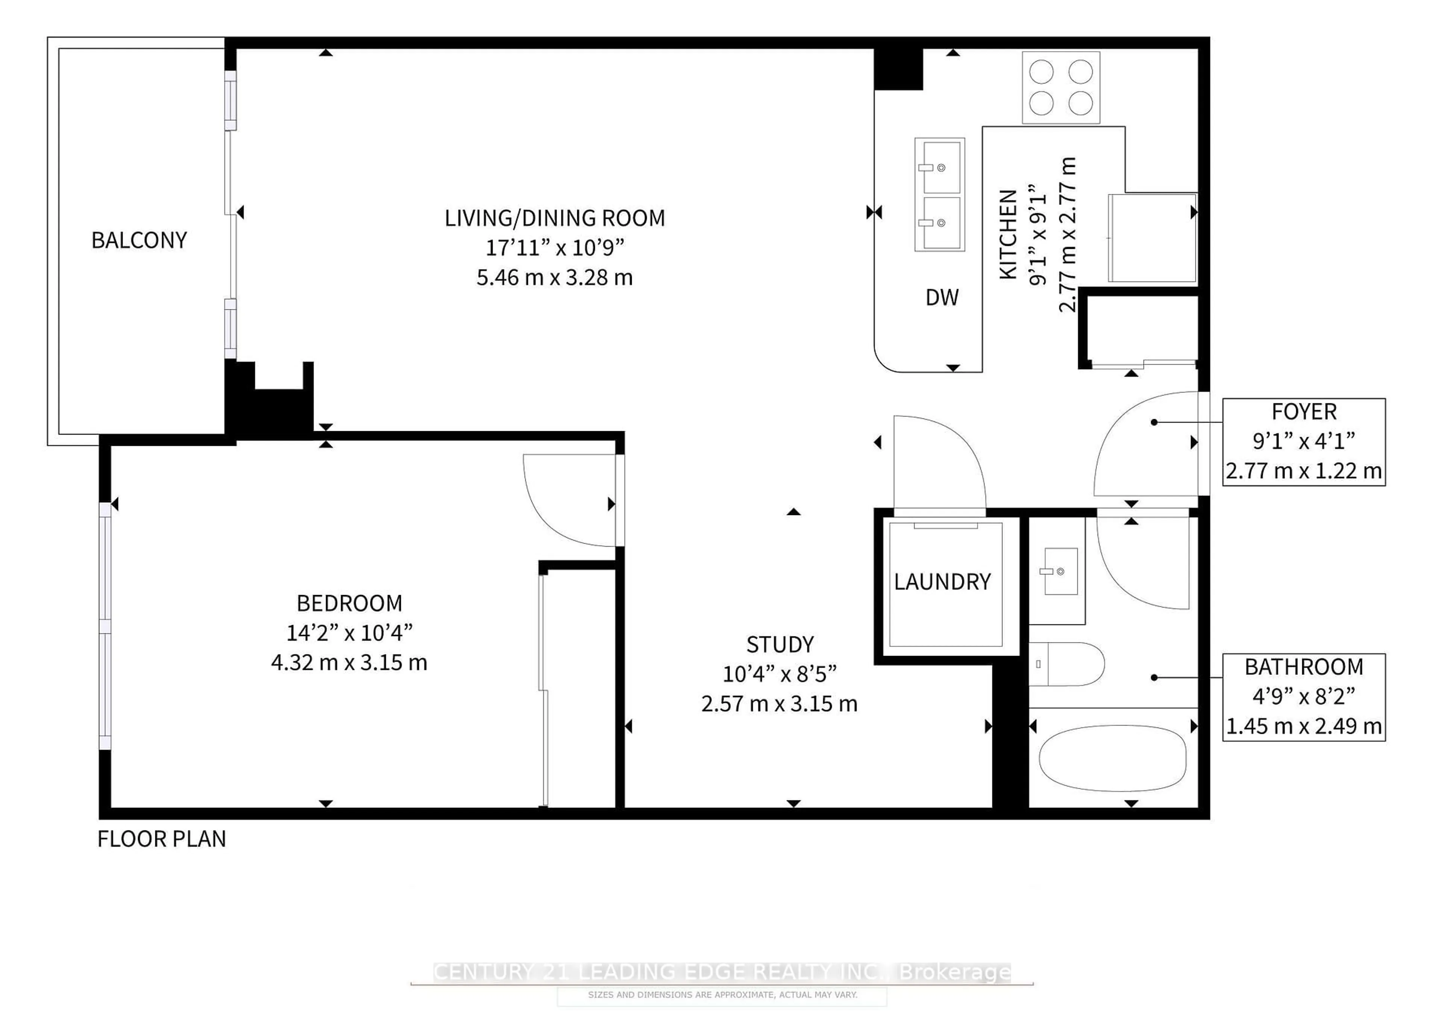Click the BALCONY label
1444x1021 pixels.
(139, 240)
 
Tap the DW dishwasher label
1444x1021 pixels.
(942, 297)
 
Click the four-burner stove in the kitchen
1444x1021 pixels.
(1060, 87)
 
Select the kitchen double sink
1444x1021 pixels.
(940, 194)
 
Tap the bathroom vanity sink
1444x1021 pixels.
(1060, 571)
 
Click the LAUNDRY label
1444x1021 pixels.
(942, 582)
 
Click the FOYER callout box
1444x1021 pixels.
(1304, 441)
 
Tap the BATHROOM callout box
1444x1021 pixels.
(1304, 697)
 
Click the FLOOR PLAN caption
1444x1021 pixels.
(162, 839)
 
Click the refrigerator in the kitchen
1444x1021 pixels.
(1151, 238)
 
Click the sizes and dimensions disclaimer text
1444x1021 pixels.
(722, 995)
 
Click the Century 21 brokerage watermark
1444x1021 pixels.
(722, 972)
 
